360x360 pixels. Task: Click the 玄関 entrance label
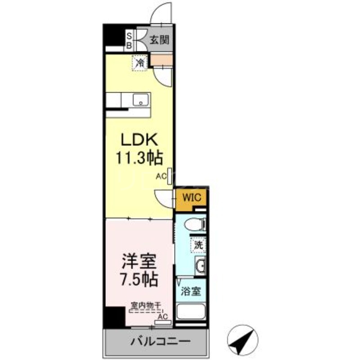pyautogui.click(x=159, y=40)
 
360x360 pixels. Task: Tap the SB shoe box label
pyautogui.click(x=129, y=40)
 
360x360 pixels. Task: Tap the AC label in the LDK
pyautogui.click(x=161, y=177)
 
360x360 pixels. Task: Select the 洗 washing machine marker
pyautogui.click(x=198, y=246)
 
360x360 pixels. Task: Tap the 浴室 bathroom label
pyautogui.click(x=191, y=291)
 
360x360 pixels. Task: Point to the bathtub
pyautogui.click(x=190, y=311)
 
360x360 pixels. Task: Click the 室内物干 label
pyautogui.click(x=145, y=306)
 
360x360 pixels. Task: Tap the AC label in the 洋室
pyautogui.click(x=162, y=316)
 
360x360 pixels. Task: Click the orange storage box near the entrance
pyautogui.click(x=161, y=60)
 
